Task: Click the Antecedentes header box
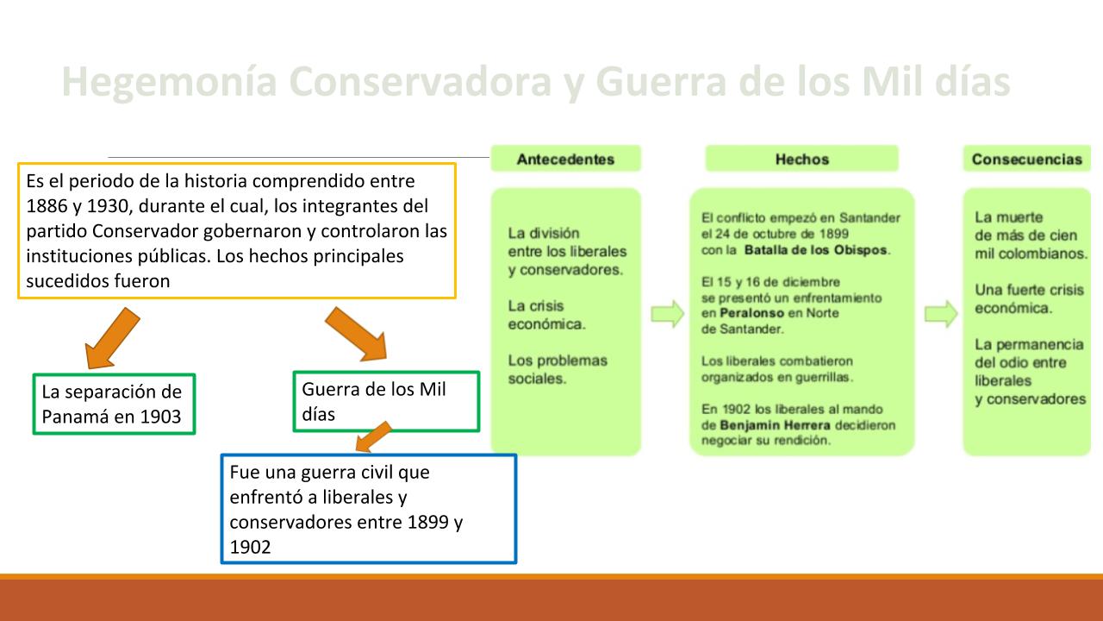[x=566, y=159]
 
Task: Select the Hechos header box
[x=801, y=159]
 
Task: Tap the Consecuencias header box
[x=1026, y=159]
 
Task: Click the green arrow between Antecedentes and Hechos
[x=667, y=314]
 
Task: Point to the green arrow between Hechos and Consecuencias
[x=941, y=314]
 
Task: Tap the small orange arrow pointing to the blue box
[x=374, y=436]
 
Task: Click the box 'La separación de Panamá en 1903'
[x=115, y=405]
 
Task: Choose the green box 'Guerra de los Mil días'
[x=386, y=402]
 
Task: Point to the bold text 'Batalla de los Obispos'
[x=815, y=250]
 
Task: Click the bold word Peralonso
[x=752, y=313]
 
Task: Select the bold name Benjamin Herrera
[x=775, y=425]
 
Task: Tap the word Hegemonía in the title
[x=170, y=82]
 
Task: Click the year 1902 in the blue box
[x=250, y=547]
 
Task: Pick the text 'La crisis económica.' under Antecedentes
[x=546, y=315]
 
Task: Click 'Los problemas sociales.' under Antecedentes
[x=558, y=370]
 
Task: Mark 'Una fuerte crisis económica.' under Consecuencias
[x=1029, y=298]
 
